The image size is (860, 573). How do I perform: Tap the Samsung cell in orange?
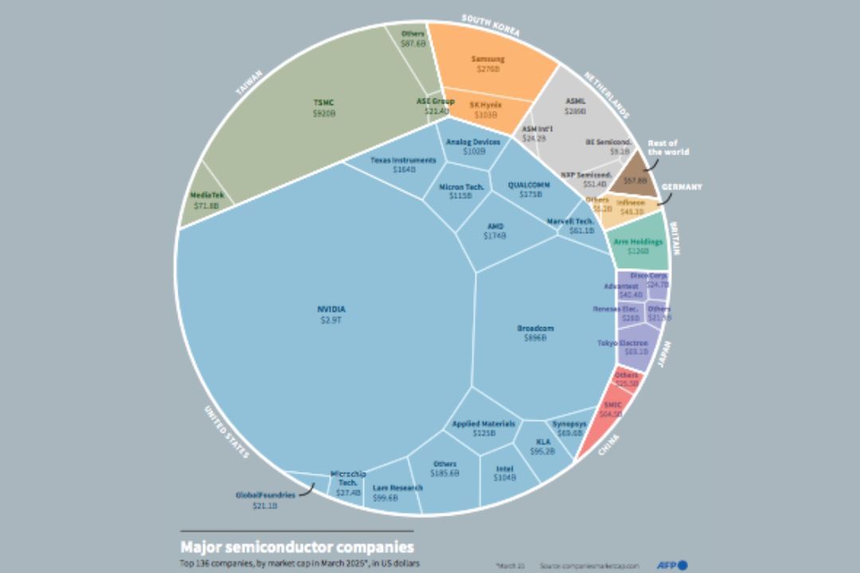(487, 64)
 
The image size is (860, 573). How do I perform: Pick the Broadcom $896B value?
(534, 338)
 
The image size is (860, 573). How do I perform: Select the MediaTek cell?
(205, 199)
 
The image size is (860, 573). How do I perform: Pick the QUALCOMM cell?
(530, 188)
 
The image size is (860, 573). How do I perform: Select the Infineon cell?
(631, 207)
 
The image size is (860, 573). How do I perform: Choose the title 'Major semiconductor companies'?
(297, 547)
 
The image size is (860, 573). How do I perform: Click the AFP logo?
(672, 565)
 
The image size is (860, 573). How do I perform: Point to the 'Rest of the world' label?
(667, 147)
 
